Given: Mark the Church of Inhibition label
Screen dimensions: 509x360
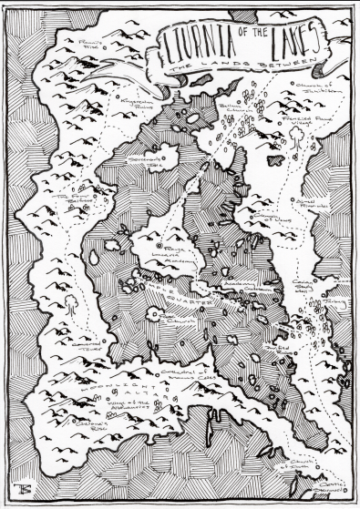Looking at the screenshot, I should tap(313, 89).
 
